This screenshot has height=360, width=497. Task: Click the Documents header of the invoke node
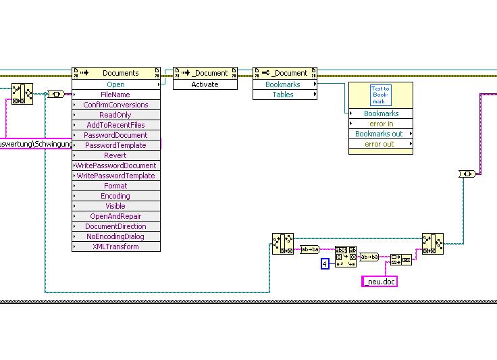pos(120,73)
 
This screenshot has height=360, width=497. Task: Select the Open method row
pos(115,84)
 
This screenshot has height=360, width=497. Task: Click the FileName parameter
pos(115,95)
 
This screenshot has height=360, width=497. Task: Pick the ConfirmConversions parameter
pos(115,105)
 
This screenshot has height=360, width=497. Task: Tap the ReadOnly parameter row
pos(115,115)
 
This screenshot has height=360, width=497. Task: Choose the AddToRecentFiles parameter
pos(115,125)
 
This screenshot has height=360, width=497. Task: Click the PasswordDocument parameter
pos(115,135)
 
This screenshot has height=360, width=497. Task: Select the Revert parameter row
pos(115,155)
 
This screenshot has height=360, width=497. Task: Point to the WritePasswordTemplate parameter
pos(115,176)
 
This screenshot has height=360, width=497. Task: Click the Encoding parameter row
pos(115,196)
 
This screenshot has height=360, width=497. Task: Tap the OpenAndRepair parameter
pos(115,216)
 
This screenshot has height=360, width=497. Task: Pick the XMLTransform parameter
pos(115,247)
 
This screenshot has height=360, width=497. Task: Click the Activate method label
pos(205,84)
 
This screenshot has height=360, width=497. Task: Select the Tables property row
pos(283,95)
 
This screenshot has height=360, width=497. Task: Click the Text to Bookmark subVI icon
pos(380,95)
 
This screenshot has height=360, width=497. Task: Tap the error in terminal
pos(381,124)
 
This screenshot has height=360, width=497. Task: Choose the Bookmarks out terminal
pos(379,134)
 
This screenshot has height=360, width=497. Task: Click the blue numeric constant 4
pos(325,264)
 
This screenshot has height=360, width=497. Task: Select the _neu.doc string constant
pos(380,282)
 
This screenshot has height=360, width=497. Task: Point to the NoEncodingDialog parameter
pos(115,236)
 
